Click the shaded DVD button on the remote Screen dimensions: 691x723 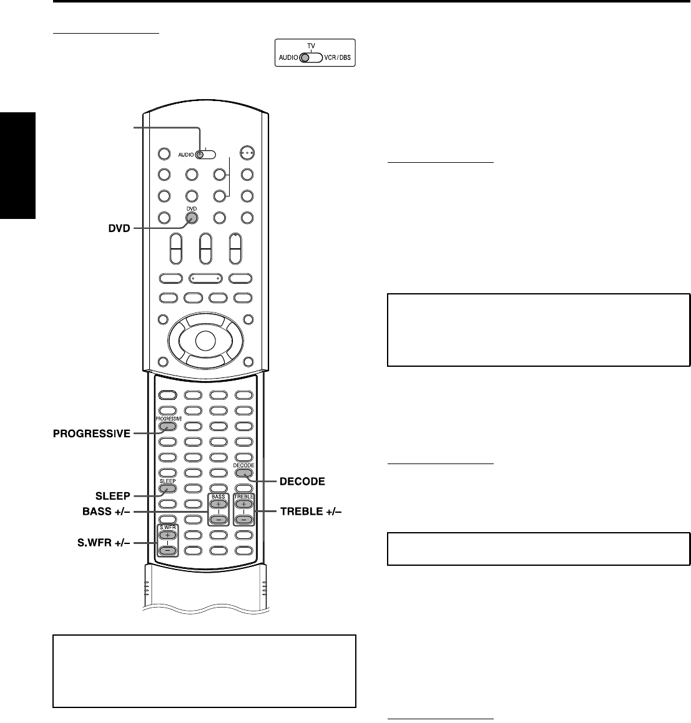coord(191,218)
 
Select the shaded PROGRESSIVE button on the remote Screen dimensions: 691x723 coord(167,427)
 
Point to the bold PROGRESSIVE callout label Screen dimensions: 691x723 coord(91,434)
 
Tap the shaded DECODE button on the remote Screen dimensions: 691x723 coord(243,473)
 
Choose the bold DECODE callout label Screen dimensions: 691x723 coord(303,482)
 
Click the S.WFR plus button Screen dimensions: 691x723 coord(167,535)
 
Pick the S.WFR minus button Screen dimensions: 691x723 coord(167,550)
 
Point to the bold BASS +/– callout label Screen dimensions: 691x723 coord(106,512)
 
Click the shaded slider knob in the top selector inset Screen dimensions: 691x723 coord(305,58)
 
